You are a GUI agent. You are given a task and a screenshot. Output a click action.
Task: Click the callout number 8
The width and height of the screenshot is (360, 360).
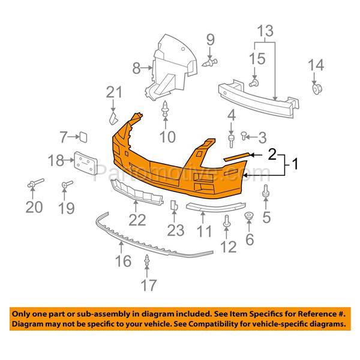pos(136,68)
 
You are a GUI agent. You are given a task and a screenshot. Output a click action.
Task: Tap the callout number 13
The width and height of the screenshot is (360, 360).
pos(265,31)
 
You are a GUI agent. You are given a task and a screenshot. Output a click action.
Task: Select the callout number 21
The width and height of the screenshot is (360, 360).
pos(114,92)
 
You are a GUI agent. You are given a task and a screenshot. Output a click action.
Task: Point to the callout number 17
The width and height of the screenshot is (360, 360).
pos(149,285)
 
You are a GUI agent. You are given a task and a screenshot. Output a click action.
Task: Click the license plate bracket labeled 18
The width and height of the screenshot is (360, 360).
pos(86,163)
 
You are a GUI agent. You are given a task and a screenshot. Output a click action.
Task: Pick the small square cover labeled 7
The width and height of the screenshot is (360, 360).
pos(83,137)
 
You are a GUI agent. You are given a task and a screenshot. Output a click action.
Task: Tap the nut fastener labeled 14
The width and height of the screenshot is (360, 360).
pos(317,88)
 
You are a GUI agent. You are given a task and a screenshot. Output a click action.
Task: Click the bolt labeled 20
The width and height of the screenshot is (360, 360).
pos(35,183)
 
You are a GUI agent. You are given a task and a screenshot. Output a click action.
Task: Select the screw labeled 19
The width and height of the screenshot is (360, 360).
pos(67,184)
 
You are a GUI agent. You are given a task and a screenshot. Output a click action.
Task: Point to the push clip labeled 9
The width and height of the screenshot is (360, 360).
pos(209,62)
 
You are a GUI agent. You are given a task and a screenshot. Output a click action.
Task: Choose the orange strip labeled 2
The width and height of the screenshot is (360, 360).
pos(236,157)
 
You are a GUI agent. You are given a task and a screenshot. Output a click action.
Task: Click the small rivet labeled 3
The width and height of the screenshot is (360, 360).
pos(244,136)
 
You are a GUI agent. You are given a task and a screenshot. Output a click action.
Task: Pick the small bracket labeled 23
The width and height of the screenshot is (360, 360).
pos(174,205)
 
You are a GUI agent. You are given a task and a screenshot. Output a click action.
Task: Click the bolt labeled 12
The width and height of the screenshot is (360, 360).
pos(227,221)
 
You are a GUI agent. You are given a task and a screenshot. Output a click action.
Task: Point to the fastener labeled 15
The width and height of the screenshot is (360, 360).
pos(254,82)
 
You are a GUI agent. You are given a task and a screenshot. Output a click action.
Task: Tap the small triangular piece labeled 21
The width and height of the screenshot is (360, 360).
pos(113,118)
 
